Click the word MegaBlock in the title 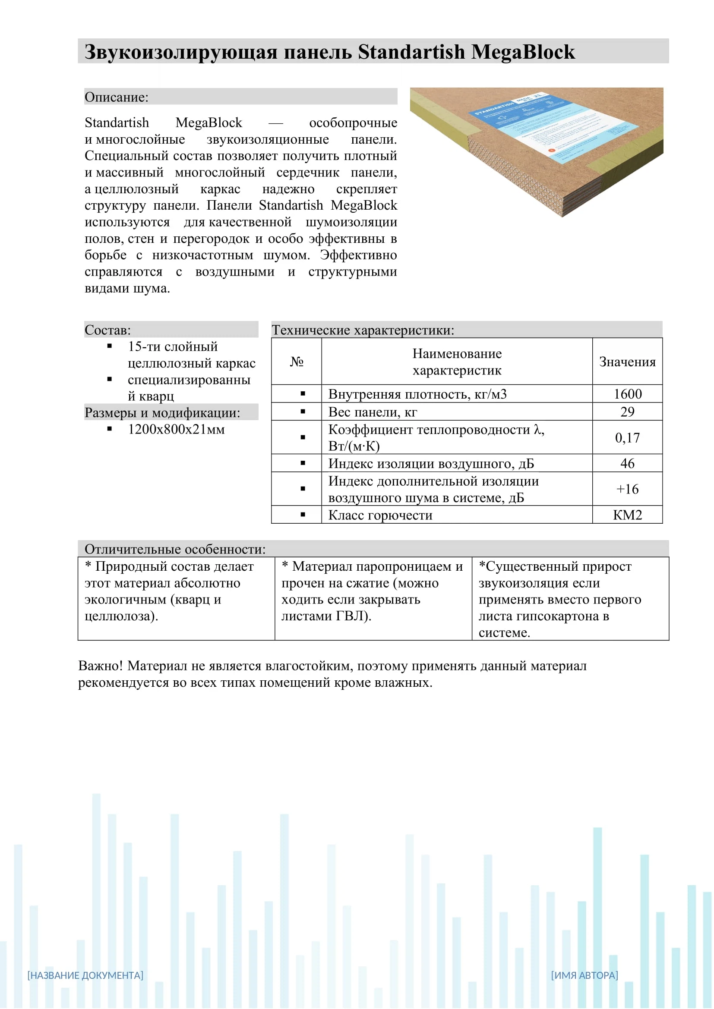[x=523, y=52]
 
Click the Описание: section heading [x=117, y=97]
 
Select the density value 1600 [x=627, y=394]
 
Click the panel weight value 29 [x=627, y=412]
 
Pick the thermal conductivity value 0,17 [x=627, y=438]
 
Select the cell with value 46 [x=627, y=463]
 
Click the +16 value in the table [x=627, y=489]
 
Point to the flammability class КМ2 [x=627, y=515]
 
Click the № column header [x=297, y=361]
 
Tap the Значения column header [x=627, y=361]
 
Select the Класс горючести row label [x=380, y=515]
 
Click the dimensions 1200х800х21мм [x=176, y=429]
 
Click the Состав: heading [x=108, y=330]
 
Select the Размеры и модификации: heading [x=162, y=413]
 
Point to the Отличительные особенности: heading [x=175, y=549]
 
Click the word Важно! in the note [x=100, y=666]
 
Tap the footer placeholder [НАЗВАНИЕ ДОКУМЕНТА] [x=85, y=975]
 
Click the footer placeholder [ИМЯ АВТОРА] [x=584, y=975]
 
